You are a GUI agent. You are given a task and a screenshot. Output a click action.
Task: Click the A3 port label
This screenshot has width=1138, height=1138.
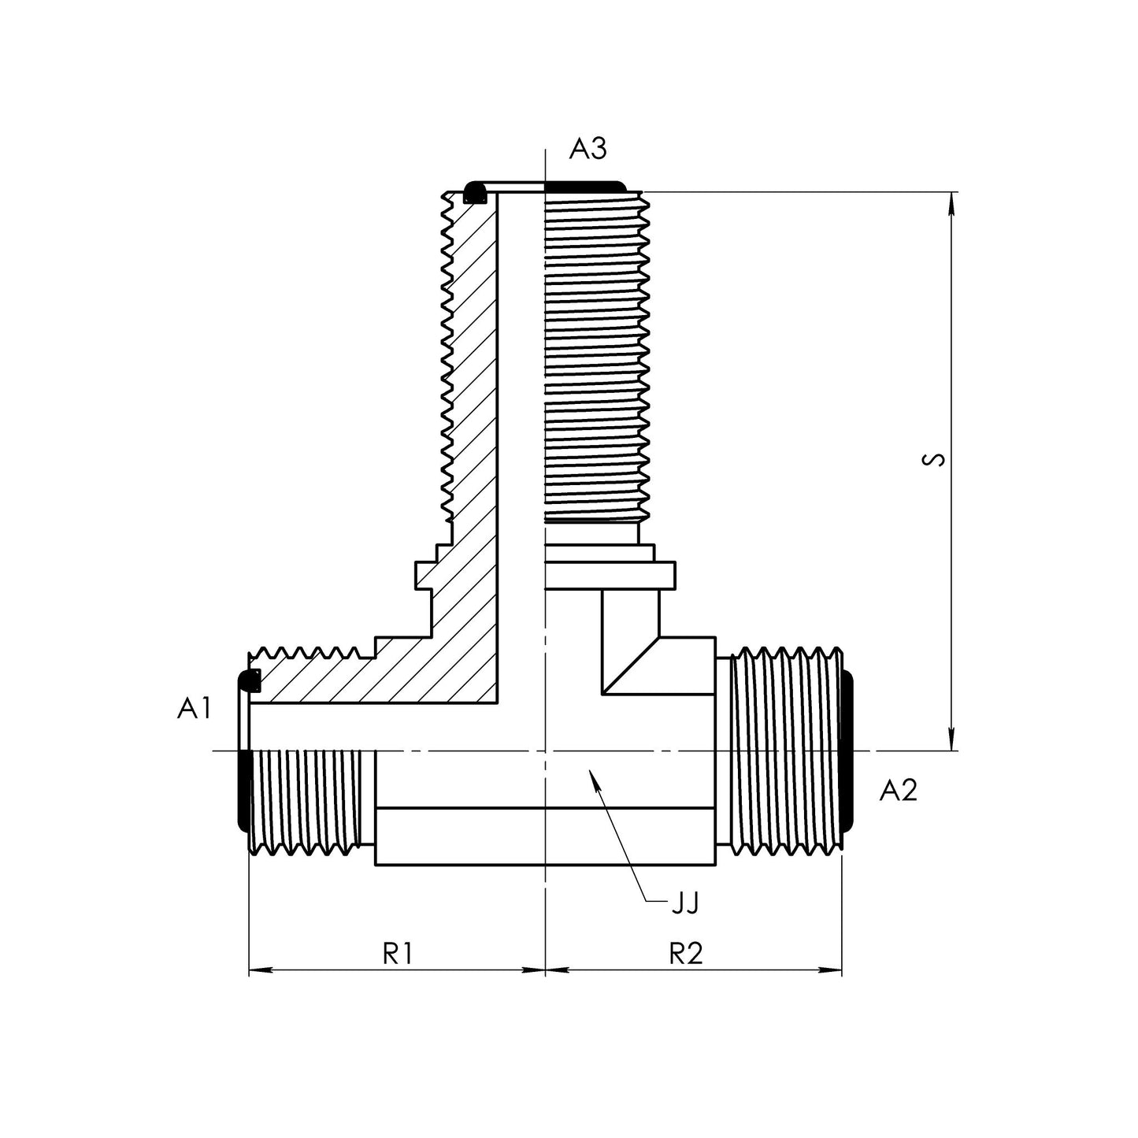(588, 149)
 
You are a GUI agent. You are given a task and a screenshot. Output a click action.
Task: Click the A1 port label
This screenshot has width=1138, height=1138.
(194, 710)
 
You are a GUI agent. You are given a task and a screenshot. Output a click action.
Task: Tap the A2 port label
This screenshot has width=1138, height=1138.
(899, 790)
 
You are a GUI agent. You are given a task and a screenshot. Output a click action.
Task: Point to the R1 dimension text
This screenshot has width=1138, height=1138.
(398, 954)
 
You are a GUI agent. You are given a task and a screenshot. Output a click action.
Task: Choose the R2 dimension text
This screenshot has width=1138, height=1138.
(685, 954)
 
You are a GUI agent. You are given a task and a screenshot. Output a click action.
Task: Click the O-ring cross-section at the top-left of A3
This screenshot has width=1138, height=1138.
(475, 192)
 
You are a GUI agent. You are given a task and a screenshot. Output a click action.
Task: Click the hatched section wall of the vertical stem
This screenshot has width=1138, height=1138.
(473, 394)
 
